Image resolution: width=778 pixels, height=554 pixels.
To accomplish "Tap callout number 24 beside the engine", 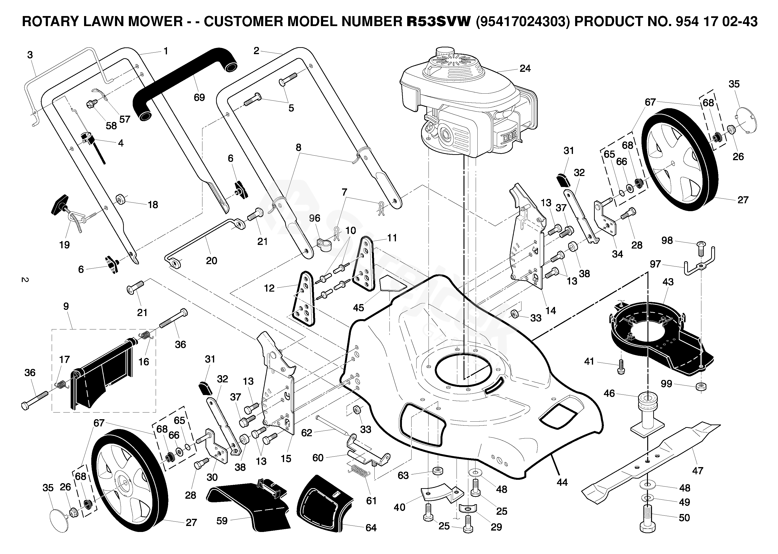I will tap(525, 68).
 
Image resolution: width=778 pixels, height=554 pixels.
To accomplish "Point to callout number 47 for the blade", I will tap(698, 471).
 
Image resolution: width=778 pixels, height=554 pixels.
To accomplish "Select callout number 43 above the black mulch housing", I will tap(668, 282).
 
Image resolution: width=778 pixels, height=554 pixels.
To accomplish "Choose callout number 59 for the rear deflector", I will tap(222, 521).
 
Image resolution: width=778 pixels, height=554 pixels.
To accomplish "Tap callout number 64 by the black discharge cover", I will tap(371, 528).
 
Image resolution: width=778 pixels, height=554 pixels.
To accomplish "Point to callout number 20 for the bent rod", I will tap(212, 261).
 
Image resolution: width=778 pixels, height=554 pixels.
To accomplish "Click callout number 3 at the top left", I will tap(30, 55).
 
